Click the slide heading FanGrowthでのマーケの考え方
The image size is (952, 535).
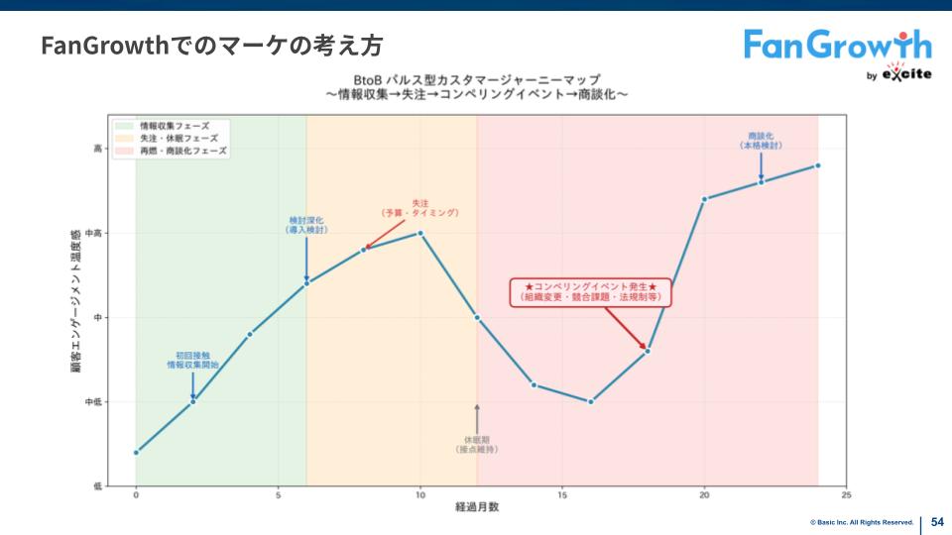(x=211, y=46)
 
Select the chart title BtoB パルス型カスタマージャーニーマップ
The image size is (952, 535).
(x=476, y=79)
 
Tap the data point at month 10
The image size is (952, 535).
(x=420, y=233)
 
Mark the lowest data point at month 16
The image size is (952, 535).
(x=591, y=401)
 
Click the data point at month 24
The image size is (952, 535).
(x=818, y=165)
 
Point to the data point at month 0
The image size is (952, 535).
(x=136, y=453)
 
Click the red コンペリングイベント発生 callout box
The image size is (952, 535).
(x=591, y=291)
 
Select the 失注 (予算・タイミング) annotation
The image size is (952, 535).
(x=419, y=208)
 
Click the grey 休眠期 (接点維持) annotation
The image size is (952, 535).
(x=477, y=444)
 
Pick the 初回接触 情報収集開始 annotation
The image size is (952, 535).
(x=192, y=360)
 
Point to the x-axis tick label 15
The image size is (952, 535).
(x=562, y=494)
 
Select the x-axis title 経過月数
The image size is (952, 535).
(x=477, y=507)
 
